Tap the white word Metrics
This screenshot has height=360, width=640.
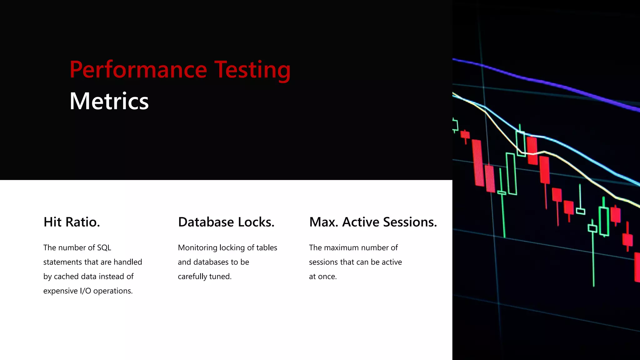(x=109, y=101)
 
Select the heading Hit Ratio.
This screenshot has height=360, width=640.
(x=72, y=222)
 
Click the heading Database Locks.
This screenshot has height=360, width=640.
(x=226, y=222)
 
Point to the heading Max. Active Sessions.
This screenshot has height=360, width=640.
(x=373, y=222)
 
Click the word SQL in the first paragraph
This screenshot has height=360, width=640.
(x=104, y=248)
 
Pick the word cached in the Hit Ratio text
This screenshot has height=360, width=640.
(x=66, y=277)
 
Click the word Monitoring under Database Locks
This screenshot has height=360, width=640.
(x=197, y=248)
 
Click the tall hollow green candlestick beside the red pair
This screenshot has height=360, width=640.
(x=511, y=173)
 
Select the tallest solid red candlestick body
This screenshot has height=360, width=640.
(x=478, y=162)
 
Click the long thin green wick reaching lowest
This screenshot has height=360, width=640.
(x=593, y=259)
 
